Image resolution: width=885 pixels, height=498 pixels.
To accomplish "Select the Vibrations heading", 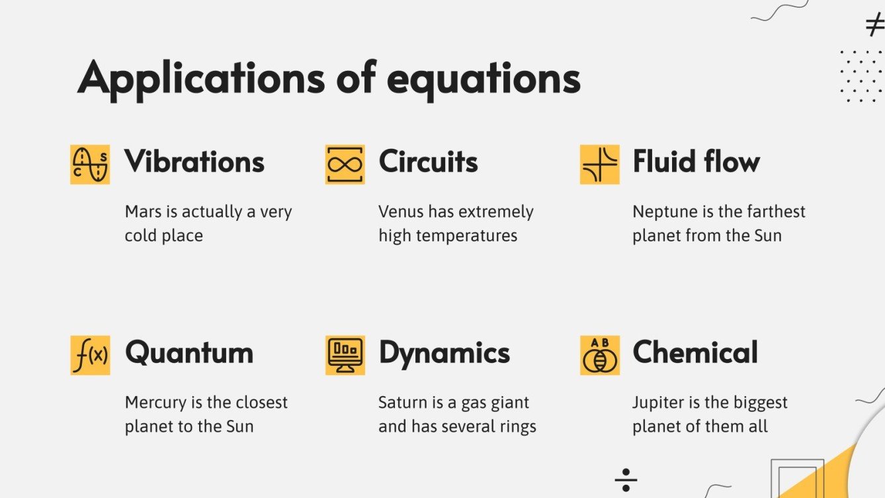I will tap(194, 162).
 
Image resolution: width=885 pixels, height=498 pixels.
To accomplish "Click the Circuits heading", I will tap(428, 162).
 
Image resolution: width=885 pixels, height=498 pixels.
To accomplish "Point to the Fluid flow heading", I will tap(696, 162).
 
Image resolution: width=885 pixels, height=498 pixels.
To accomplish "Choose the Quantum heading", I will tap(189, 353).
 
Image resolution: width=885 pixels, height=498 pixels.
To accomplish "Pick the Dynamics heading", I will tap(444, 353).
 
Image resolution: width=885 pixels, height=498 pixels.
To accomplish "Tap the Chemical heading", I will tap(695, 353).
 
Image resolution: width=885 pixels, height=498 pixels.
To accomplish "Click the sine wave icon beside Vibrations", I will tap(90, 165).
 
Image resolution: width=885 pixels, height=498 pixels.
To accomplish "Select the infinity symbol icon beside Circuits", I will tap(345, 165).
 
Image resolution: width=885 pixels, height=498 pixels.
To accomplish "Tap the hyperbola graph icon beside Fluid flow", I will tap(599, 165).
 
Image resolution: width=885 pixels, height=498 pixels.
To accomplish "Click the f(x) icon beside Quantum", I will tap(90, 355).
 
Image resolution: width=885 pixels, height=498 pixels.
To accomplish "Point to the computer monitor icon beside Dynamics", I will tap(345, 355).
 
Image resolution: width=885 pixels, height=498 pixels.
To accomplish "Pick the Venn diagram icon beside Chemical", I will tap(599, 355).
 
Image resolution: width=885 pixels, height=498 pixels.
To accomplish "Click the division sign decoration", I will tap(626, 480).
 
